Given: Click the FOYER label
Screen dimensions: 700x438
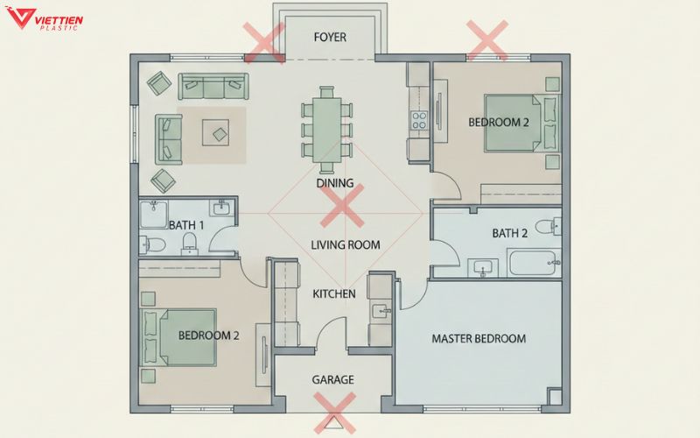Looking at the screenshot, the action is [330, 37].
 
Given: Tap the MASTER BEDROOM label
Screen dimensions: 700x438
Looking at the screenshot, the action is [479, 339].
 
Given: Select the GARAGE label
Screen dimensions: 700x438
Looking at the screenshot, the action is [333, 380].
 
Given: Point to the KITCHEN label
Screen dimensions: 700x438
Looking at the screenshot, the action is [334, 294].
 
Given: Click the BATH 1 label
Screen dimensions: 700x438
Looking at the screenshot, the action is [186, 225].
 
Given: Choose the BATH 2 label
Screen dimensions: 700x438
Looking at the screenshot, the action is [510, 233].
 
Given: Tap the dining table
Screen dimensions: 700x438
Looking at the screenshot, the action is [326, 130].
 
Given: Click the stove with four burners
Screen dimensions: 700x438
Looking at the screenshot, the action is [419, 120].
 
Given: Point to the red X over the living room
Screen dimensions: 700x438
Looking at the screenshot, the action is [342, 206].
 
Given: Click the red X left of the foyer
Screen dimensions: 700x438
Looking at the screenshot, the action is [264, 43].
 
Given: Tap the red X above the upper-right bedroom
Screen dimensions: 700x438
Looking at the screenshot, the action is [487, 40].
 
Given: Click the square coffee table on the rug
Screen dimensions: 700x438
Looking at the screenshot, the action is [215, 132].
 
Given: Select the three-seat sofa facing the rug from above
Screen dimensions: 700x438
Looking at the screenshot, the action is [213, 86].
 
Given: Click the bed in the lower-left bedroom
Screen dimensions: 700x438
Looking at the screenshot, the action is [179, 337].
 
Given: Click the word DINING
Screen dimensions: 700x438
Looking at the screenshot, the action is [335, 183].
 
